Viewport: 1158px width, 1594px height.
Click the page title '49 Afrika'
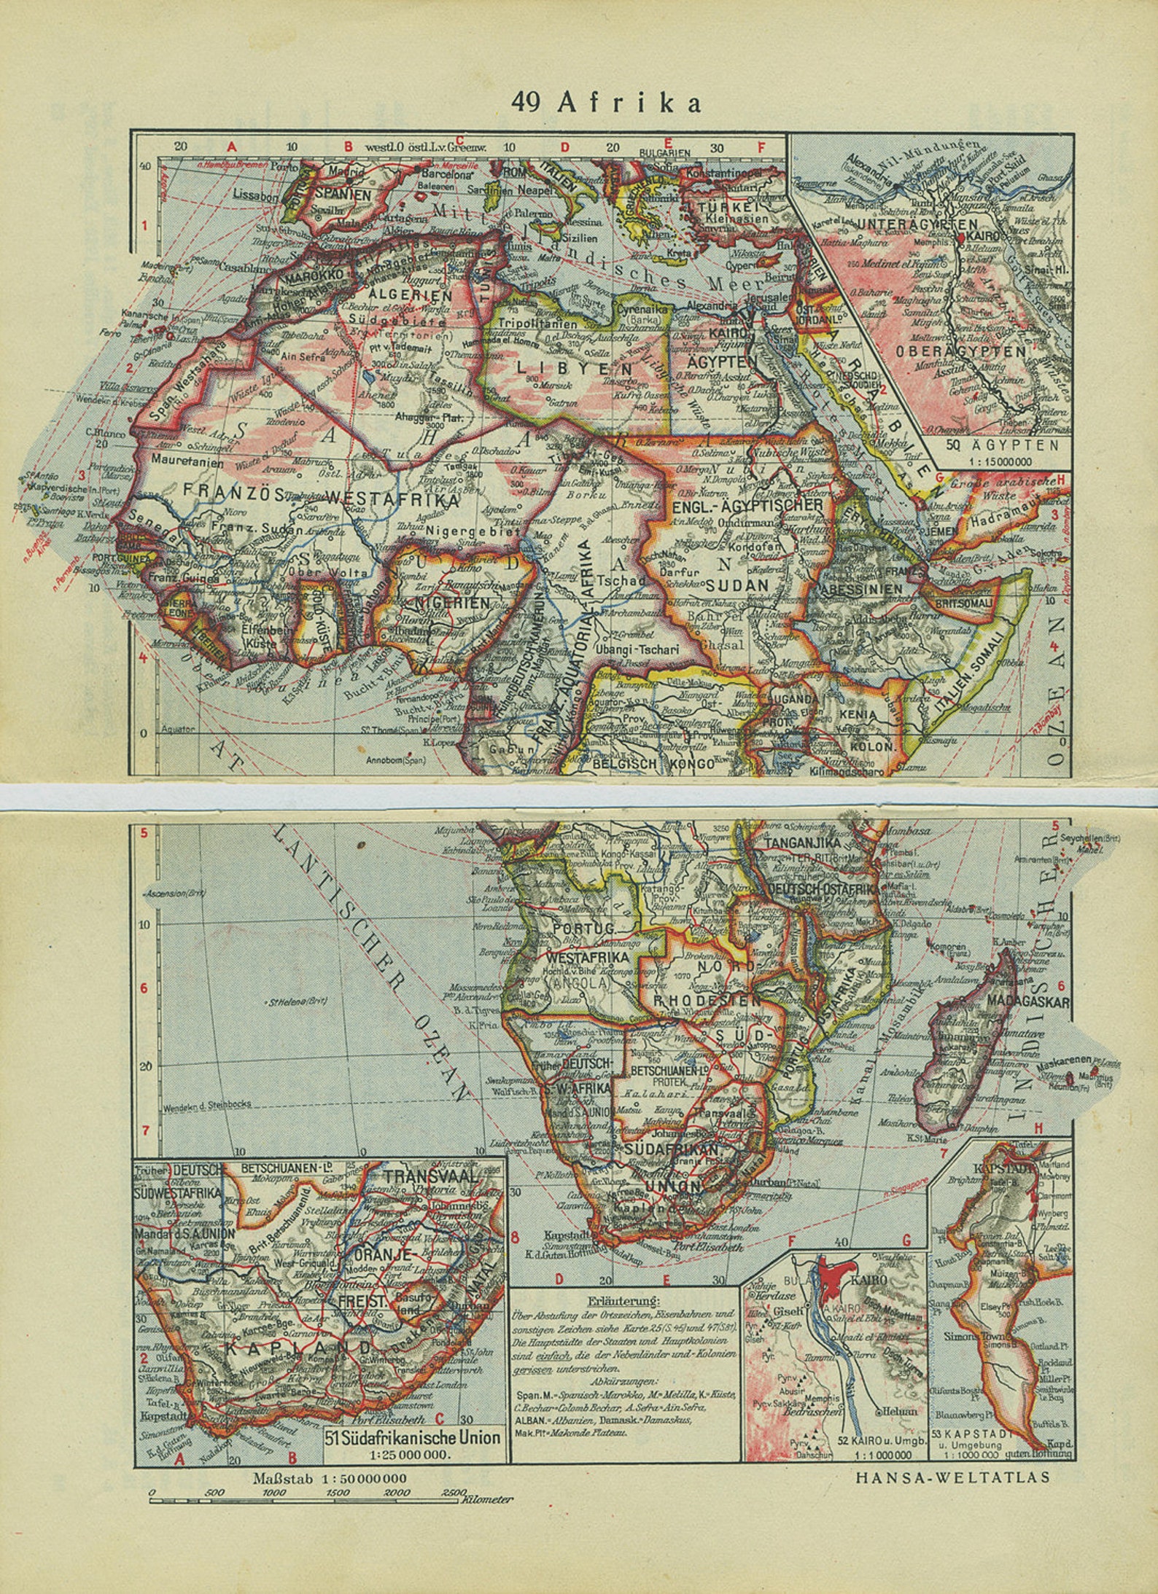606,103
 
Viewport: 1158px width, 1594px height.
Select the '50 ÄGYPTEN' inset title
998,445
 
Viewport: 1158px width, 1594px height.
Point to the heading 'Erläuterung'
624,1301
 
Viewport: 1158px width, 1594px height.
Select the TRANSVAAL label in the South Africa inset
431,1176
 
